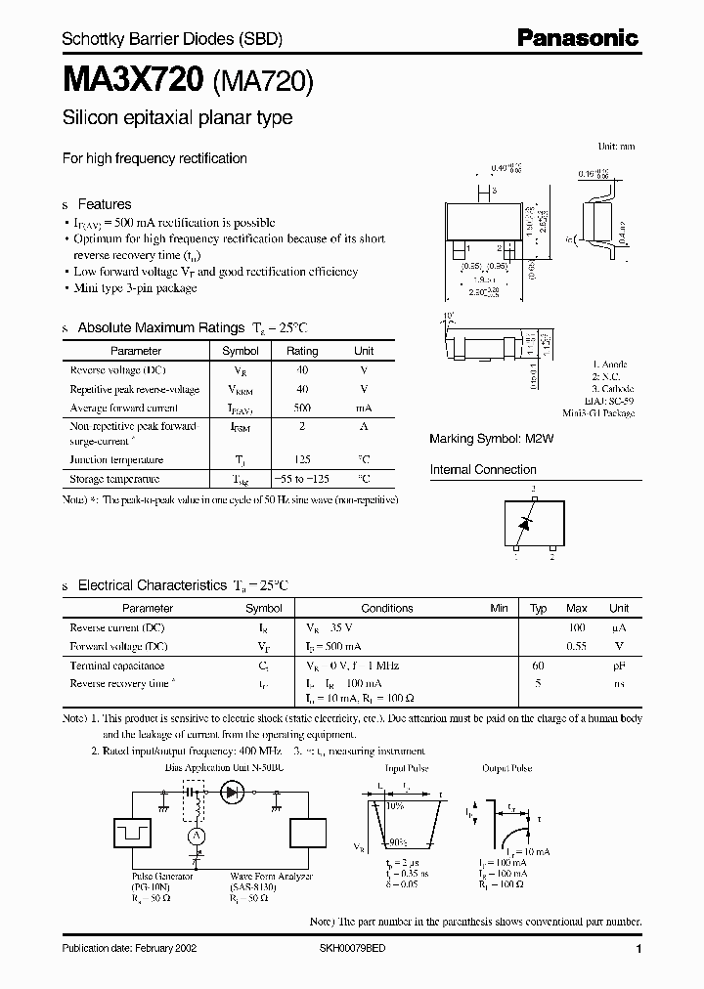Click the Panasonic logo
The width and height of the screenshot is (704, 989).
pyautogui.click(x=577, y=38)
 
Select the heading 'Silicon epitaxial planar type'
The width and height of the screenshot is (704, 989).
pyautogui.click(x=177, y=118)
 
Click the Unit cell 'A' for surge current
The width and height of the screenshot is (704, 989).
pyautogui.click(x=363, y=427)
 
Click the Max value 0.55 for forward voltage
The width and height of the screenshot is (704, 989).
pyautogui.click(x=577, y=646)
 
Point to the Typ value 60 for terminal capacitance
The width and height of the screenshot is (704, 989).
pyautogui.click(x=538, y=666)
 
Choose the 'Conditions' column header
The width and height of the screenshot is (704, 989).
pyautogui.click(x=387, y=608)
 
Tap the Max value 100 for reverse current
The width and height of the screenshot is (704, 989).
pyautogui.click(x=577, y=627)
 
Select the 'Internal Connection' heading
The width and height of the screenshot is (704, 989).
pyautogui.click(x=483, y=470)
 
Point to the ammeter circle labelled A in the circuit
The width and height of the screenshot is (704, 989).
pyautogui.click(x=195, y=837)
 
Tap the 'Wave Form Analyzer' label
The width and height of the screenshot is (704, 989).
pyautogui.click(x=271, y=877)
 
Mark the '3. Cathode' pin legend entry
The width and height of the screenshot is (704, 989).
pyautogui.click(x=613, y=389)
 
